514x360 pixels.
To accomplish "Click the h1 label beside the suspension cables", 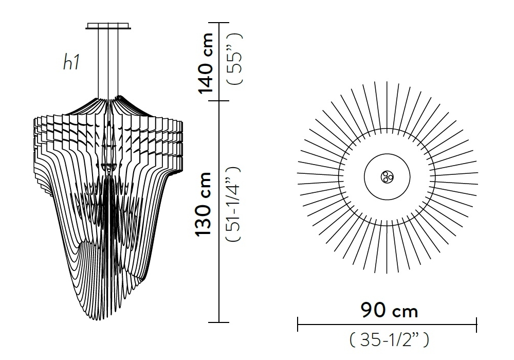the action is click(71, 62).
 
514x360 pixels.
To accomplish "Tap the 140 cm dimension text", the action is click(206, 63).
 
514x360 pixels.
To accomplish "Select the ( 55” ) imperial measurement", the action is click(235, 59).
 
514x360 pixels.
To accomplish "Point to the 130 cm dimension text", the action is click(203, 204).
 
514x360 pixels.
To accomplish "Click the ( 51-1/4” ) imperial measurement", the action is click(233, 204).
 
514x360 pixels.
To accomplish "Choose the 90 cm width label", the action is click(389, 310).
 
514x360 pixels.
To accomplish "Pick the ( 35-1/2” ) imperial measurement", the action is click(389, 339).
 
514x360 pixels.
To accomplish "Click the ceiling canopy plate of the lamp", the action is click(108, 26).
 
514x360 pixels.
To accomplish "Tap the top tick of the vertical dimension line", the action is click(218, 23).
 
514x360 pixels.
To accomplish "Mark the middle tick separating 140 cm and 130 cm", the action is click(218, 101).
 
